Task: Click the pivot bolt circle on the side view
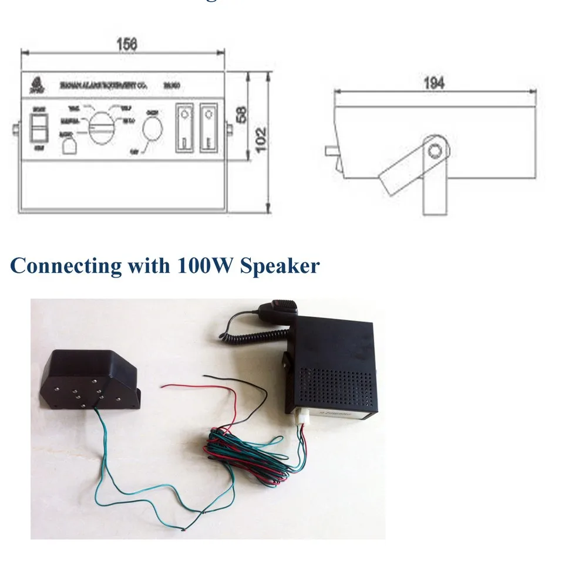[x=435, y=151]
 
